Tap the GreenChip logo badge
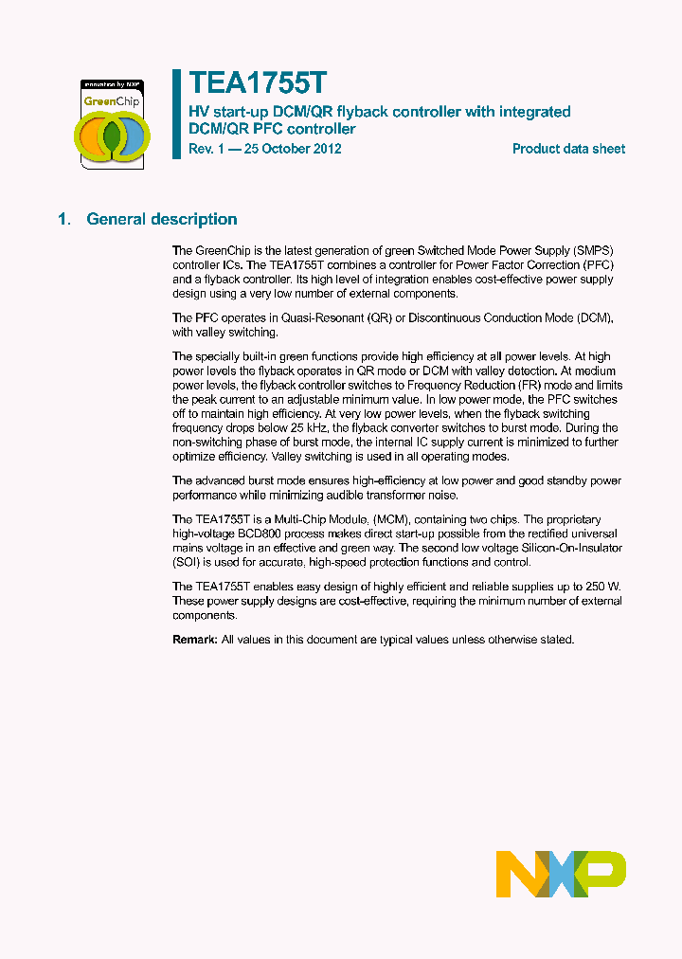111,123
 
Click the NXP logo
561,873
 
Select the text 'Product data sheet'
568,149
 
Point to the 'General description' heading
162,220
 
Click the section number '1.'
64,220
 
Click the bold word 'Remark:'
195,640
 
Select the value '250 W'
601,588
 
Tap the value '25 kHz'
295,427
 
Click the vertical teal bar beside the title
176,114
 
